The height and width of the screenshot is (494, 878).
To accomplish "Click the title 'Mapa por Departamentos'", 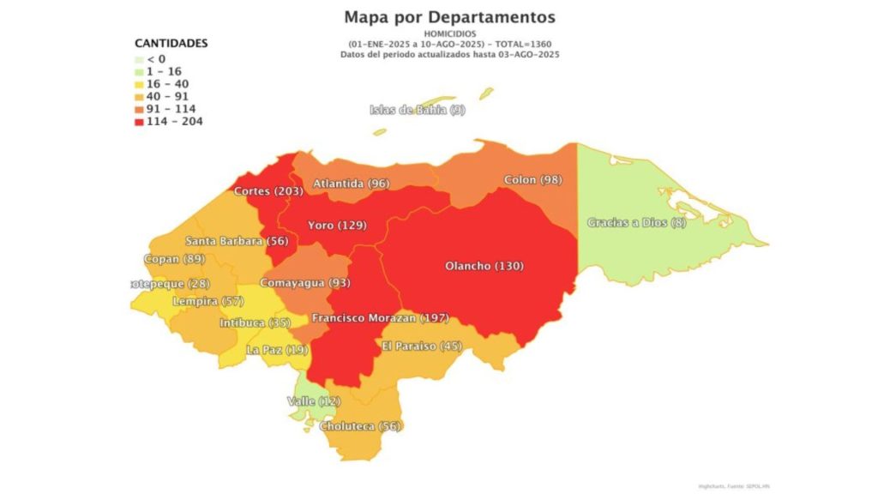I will click(449, 17).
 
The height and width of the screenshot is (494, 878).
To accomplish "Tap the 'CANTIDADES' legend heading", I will click(171, 43).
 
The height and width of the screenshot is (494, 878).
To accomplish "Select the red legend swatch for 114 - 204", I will click(140, 121).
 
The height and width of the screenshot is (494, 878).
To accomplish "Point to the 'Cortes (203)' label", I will click(268, 191).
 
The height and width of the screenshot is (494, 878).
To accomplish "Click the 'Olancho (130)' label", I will click(484, 266).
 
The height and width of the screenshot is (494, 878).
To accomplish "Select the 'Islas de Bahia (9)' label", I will click(418, 110).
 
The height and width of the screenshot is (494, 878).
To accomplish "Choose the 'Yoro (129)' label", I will click(337, 226).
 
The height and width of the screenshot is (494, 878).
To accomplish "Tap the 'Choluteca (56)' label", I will click(360, 426).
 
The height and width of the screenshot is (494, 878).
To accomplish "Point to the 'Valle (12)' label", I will click(312, 401).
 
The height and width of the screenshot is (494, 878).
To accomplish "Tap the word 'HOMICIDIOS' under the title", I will click(449, 33).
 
